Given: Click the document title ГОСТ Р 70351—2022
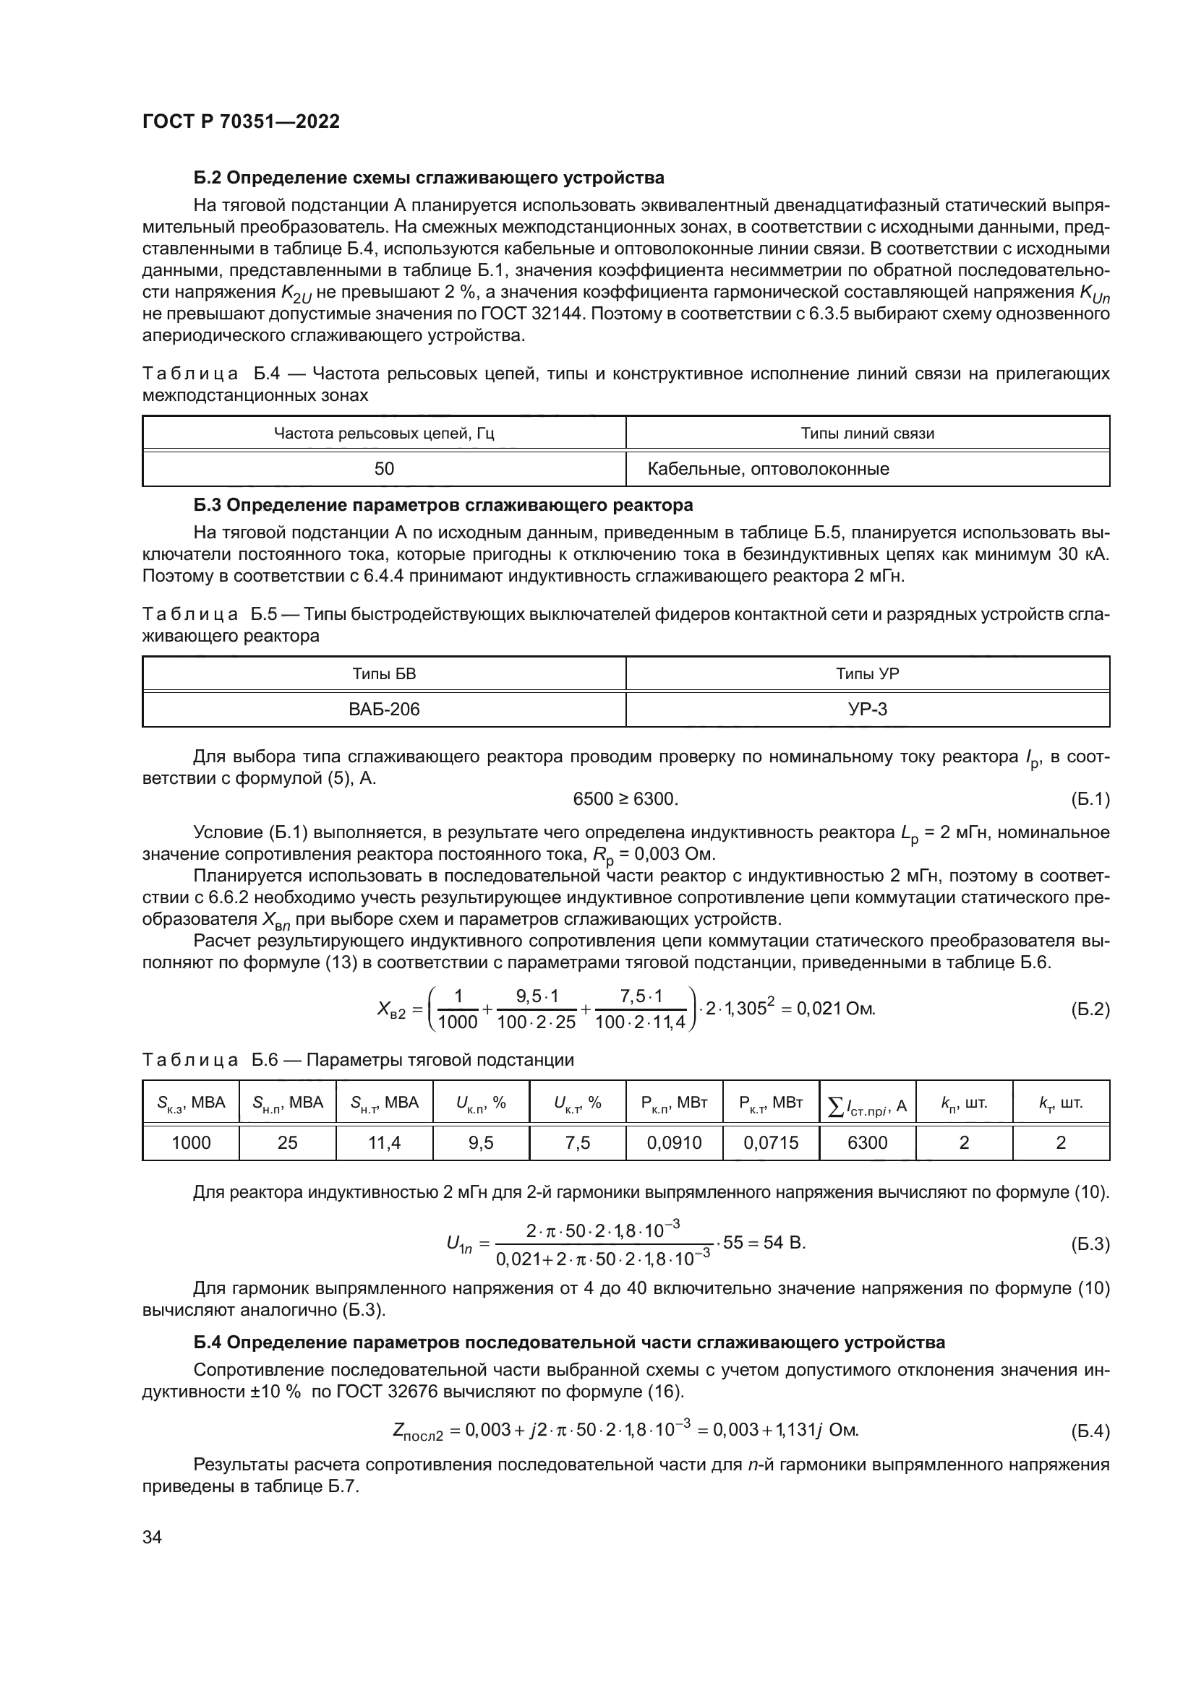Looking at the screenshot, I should pos(241,122).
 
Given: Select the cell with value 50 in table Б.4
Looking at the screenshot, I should pos(384,469).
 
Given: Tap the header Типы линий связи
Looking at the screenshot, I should pos(867,434).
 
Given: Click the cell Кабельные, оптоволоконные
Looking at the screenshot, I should pos(768,469).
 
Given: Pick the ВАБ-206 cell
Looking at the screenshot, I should pos(384,710).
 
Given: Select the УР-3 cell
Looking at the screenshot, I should pos(868,710).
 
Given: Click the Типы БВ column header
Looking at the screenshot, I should pos(384,674).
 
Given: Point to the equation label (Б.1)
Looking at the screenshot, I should pos(1089,799).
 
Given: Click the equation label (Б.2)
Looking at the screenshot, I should pos(1089,1009).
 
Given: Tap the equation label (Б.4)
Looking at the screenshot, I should pos(1089,1431).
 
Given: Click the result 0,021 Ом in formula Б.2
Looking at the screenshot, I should pos(836,1009).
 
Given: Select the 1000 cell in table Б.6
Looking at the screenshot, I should pos(191,1142).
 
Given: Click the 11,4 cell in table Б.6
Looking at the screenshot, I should pos(384,1142).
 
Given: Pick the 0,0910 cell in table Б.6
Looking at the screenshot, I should pos(674,1142).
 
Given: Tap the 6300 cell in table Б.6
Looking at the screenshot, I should pos(867,1142).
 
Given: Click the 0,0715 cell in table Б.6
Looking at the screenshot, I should pos(770,1142).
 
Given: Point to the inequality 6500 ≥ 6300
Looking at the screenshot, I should pos(625,799).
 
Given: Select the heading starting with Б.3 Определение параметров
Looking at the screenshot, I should pos(443,506).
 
